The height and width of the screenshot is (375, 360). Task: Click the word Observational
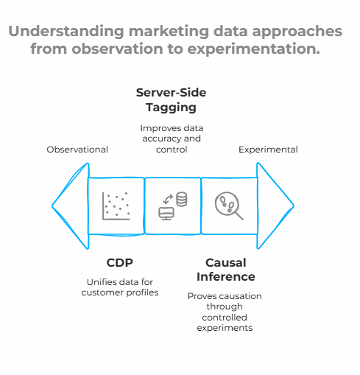[77, 150]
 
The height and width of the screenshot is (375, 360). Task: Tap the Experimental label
[268, 150]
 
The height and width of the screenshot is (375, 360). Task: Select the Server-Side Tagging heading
[171, 100]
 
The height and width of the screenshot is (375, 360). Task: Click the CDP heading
[120, 262]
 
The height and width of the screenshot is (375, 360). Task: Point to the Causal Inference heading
[226, 270]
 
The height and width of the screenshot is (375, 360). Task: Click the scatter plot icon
[116, 206]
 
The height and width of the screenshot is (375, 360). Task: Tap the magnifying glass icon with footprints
[229, 206]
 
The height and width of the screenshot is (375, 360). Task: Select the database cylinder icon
[182, 199]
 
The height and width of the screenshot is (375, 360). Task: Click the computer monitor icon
[166, 214]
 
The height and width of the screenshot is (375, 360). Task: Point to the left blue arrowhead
[71, 206]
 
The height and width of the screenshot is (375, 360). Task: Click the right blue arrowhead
[275, 206]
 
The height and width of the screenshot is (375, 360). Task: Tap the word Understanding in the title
[66, 32]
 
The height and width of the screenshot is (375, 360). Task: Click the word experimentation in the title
[254, 49]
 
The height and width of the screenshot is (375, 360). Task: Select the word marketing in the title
[169, 32]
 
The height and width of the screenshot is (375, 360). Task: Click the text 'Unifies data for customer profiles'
[120, 287]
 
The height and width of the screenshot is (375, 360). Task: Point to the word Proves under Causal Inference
[198, 296]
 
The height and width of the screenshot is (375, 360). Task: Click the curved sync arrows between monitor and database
[168, 199]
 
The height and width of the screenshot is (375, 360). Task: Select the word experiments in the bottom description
[225, 328]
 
